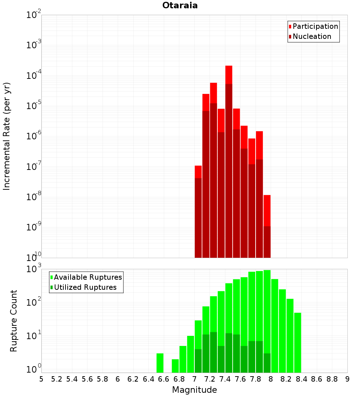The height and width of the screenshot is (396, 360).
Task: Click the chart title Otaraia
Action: [x=180, y=6]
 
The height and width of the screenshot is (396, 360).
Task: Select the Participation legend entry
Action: [x=315, y=27]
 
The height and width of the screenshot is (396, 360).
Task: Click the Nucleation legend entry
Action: [x=311, y=37]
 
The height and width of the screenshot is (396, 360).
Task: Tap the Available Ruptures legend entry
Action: [x=87, y=278]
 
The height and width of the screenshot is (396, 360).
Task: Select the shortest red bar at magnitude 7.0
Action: [x=198, y=216]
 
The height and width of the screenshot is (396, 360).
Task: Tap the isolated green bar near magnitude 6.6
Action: [x=160, y=363]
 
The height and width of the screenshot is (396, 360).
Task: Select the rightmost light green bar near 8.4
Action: [x=297, y=342]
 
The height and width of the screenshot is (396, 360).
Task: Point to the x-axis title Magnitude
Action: [x=194, y=390]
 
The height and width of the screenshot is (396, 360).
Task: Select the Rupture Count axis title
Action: [x=14, y=320]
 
